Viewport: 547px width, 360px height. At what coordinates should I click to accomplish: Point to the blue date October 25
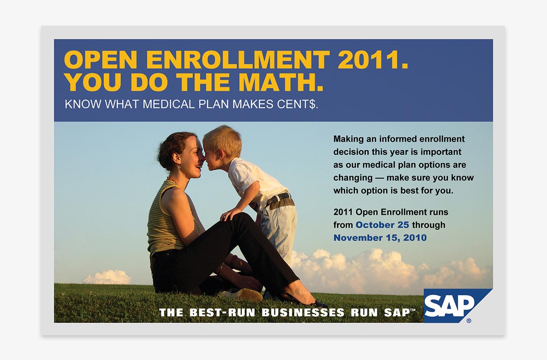tap(382, 225)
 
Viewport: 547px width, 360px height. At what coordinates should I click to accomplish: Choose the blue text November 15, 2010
tap(380, 238)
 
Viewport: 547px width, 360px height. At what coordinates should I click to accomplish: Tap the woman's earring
tap(180, 167)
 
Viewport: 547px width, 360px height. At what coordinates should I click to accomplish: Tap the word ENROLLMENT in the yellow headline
tap(238, 59)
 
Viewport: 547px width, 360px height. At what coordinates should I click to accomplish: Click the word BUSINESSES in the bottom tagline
tap(303, 312)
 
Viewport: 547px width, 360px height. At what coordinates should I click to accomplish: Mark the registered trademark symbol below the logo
tap(468, 321)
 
